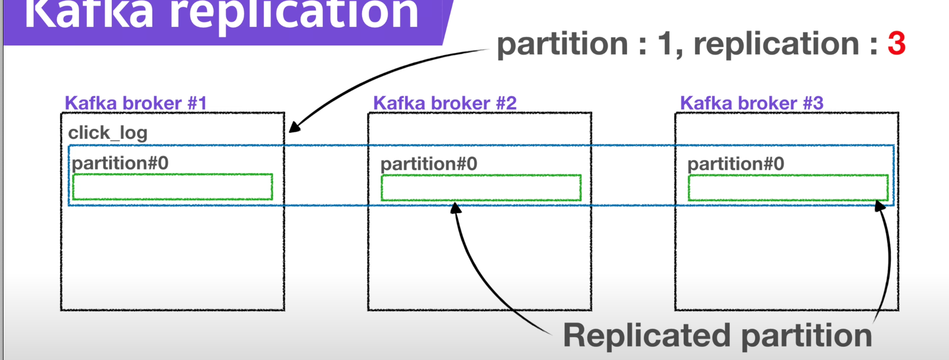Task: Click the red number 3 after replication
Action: click(x=896, y=44)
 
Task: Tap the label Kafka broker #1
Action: click(x=135, y=103)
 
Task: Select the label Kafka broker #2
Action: click(x=444, y=103)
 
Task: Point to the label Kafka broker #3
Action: click(x=752, y=103)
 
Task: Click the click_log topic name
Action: click(x=108, y=133)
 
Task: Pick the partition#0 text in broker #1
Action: click(x=120, y=163)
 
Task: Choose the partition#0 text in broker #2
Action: click(x=429, y=164)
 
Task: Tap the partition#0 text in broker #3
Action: click(x=736, y=164)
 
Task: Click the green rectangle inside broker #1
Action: click(x=173, y=187)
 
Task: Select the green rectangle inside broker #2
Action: click(x=481, y=188)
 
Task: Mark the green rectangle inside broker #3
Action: click(x=788, y=188)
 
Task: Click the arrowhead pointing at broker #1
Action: click(x=294, y=127)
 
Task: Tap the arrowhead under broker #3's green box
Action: click(x=880, y=206)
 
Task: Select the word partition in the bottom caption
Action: click(x=807, y=336)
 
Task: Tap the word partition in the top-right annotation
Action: click(x=562, y=44)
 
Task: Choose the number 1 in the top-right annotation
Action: click(x=664, y=44)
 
